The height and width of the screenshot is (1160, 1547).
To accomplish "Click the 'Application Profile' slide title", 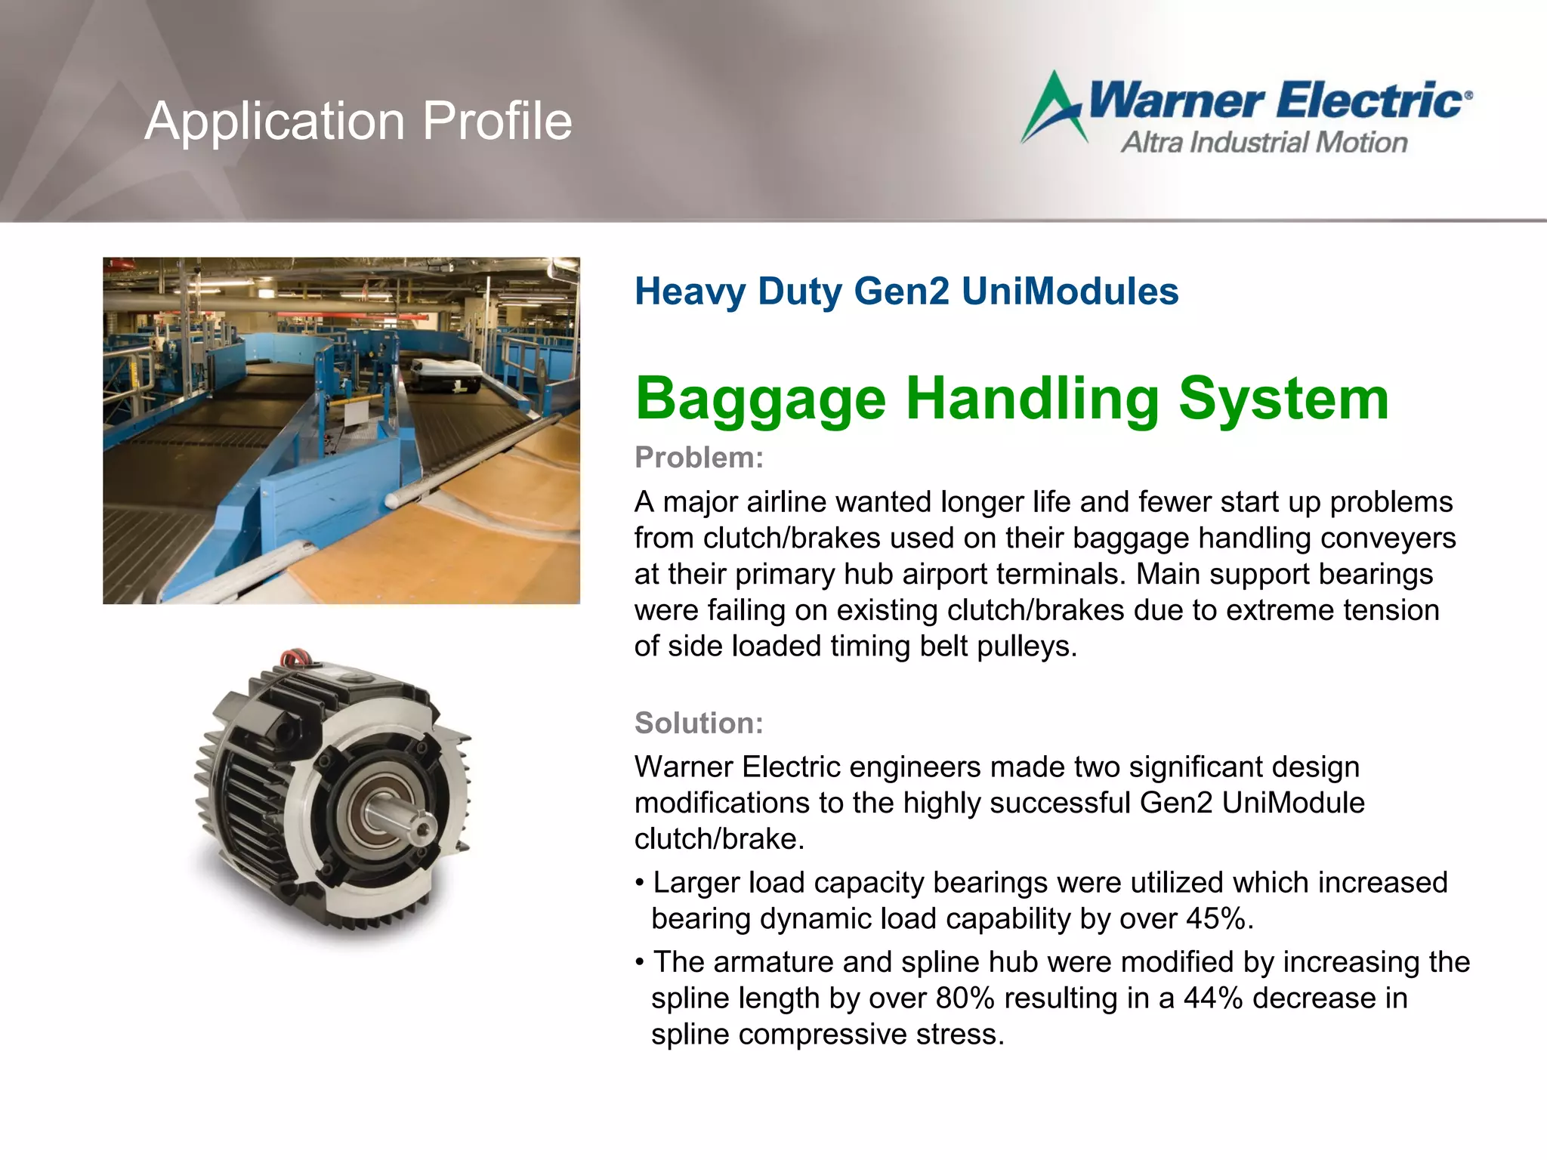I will coord(358,121).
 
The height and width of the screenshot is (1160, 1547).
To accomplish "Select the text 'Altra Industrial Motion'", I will coord(1264,143).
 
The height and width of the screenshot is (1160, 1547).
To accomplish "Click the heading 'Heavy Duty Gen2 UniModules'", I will coord(906,292).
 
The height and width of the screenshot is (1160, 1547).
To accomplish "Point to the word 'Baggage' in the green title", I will coord(760,399).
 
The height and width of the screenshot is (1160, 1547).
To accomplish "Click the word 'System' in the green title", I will coord(1283,399).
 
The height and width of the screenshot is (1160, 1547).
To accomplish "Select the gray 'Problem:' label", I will coord(699,458).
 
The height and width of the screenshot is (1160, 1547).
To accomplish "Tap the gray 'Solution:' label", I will coord(699,723).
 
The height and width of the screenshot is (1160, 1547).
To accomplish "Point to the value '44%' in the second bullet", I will coord(1213,998).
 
